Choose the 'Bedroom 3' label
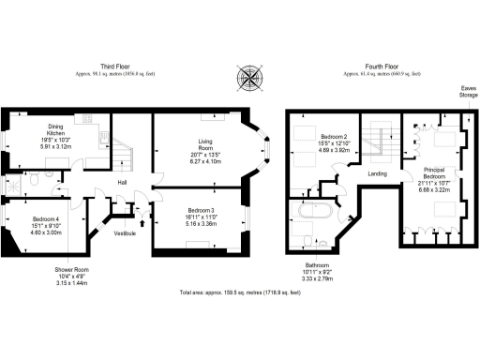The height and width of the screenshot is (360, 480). click(x=201, y=210)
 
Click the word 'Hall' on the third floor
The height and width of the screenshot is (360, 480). click(x=123, y=183)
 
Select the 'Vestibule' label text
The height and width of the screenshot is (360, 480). click(x=125, y=232)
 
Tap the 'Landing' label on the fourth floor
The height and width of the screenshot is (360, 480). click(x=377, y=172)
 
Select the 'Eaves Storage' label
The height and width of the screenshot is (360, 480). click(x=467, y=92)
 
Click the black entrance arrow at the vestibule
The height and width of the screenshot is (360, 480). click(x=139, y=222)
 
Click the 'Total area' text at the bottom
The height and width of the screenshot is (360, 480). click(x=241, y=292)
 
